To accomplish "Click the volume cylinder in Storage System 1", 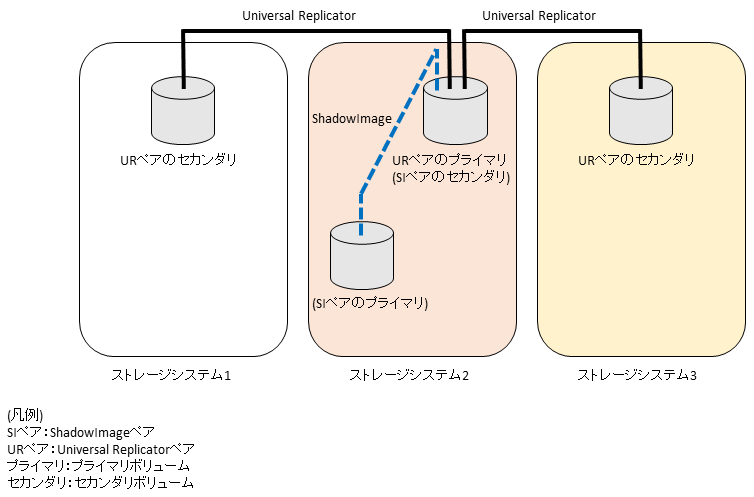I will click(182, 111).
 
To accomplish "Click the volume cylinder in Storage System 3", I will click(640, 111).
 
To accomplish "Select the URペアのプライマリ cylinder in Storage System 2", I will click(455, 113).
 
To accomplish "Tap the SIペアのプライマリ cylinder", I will click(361, 256).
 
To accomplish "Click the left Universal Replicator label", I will click(299, 16).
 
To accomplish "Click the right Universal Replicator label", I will click(538, 16).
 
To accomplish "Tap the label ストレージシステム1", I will click(171, 376).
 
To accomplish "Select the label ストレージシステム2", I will click(409, 376).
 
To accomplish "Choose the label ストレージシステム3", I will click(637, 376).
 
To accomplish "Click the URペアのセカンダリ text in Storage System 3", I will click(637, 160).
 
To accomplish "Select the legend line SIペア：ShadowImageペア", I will click(81, 432).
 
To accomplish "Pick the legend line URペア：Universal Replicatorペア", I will click(101, 449).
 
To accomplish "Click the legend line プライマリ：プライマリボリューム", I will click(98, 466).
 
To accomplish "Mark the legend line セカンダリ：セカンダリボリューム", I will click(100, 483).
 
